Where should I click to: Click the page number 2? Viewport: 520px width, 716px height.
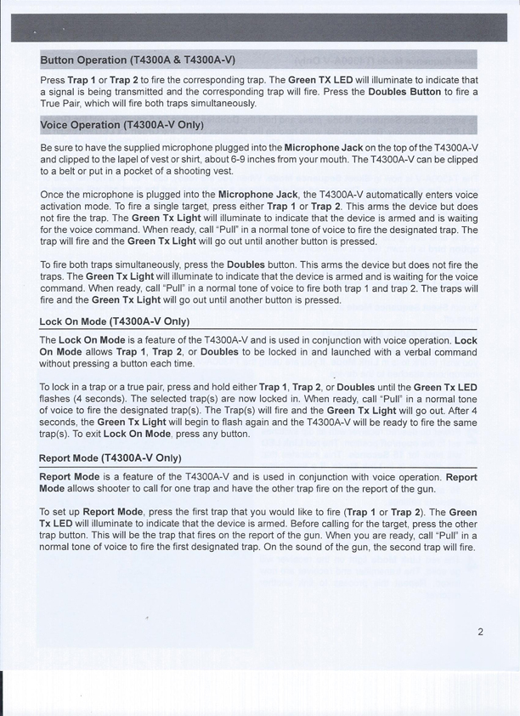click(480, 632)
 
